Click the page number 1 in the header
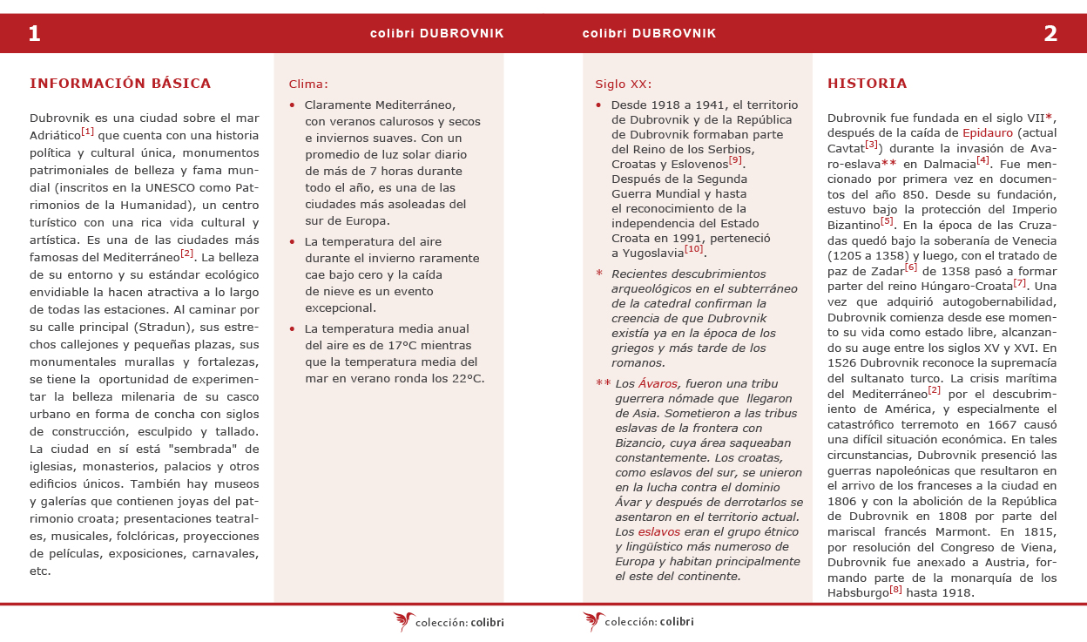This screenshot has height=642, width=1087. pos(34,34)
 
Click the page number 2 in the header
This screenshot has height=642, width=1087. pos(1050,34)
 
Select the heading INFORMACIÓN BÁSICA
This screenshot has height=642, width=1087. pos(120,84)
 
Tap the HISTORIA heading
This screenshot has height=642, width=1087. pos(867,84)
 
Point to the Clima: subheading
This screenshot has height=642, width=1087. pos(308,84)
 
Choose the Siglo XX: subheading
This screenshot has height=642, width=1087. pos(624,84)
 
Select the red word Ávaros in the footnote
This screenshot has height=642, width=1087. pos(658,383)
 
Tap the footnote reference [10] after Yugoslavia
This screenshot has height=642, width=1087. pos(693,249)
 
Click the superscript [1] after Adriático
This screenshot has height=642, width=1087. pos(88,132)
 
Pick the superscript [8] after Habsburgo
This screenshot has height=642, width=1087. pos(896,590)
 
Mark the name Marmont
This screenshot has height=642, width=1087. pos(958,530)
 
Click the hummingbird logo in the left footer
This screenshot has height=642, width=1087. pos(403,621)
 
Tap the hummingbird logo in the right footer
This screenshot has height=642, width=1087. pos(593,621)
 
